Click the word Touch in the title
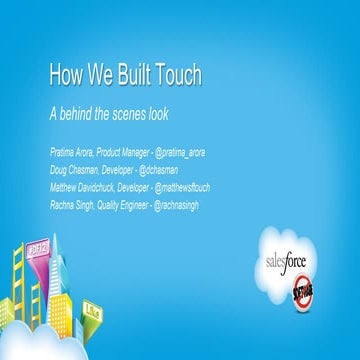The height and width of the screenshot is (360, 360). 173,76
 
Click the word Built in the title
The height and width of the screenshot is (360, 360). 125,76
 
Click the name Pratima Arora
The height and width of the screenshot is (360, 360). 71,151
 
